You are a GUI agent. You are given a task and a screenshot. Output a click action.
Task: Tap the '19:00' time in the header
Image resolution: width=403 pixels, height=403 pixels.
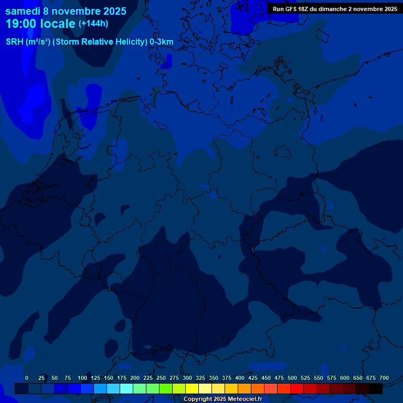(22, 24)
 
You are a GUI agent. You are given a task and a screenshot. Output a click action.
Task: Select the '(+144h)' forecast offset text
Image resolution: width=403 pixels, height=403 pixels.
(93, 24)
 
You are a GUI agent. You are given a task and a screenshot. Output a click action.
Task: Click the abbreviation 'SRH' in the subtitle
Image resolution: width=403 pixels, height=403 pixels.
(15, 42)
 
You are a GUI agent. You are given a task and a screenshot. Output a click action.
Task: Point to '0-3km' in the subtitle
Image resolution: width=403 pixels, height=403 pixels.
(162, 42)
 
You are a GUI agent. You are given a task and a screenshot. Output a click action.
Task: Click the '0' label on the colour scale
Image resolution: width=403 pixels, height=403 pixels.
(27, 378)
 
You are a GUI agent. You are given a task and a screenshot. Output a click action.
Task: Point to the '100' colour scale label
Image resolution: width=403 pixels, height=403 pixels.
(82, 378)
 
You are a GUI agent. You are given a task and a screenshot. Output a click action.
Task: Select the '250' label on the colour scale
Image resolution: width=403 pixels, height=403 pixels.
(161, 378)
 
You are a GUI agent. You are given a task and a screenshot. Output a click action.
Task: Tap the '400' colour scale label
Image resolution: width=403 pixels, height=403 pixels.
(240, 378)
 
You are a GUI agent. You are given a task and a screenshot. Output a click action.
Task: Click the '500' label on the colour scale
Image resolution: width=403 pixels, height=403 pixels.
(292, 378)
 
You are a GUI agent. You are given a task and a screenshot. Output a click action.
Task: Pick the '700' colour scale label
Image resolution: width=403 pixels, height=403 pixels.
(384, 378)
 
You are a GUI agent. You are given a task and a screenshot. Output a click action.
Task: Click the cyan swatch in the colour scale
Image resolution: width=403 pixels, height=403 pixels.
(126, 388)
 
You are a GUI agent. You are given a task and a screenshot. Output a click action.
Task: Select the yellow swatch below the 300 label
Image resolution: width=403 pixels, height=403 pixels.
(192, 388)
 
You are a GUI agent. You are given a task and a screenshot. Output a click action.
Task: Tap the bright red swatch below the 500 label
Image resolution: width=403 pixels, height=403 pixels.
(297, 388)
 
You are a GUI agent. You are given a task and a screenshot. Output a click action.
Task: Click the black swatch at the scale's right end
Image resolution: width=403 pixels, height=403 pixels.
(376, 388)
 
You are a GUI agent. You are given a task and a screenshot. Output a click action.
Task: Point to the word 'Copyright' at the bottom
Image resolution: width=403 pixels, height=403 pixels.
(197, 399)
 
